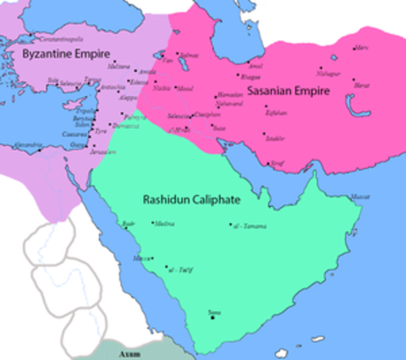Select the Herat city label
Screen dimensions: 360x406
tap(362, 85)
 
